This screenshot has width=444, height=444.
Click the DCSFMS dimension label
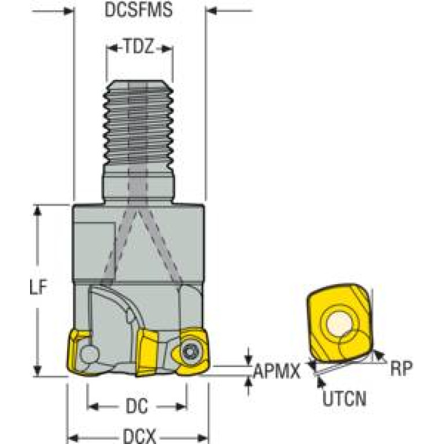click(138, 9)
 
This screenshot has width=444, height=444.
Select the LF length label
click(38, 287)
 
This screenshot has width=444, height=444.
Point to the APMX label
click(276, 371)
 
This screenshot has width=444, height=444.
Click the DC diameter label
click(137, 406)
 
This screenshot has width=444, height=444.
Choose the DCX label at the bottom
click(140, 436)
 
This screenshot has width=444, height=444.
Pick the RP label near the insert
click(402, 368)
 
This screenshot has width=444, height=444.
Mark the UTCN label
click(344, 398)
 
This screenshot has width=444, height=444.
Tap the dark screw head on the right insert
click(189, 353)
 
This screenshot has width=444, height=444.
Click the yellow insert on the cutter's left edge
click(76, 353)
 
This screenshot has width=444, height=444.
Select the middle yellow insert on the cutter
click(147, 353)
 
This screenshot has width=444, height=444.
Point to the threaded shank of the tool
click(138, 124)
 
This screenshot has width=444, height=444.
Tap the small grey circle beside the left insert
click(89, 354)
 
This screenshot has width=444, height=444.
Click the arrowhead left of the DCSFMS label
click(68, 12)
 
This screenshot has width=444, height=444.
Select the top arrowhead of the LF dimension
click(38, 210)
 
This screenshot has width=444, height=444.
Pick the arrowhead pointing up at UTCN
click(320, 382)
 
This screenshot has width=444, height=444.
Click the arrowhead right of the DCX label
click(203, 438)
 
